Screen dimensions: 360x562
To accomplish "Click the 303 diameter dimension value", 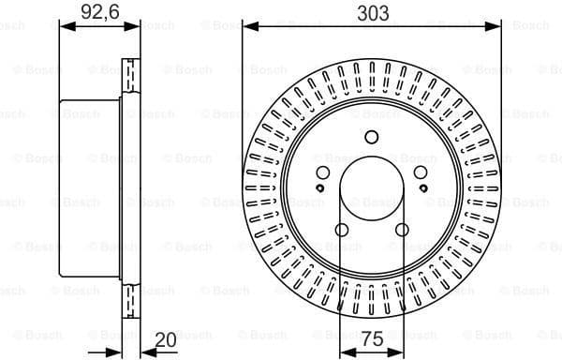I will (372, 13).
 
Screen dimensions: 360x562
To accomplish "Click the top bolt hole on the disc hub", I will (372, 138).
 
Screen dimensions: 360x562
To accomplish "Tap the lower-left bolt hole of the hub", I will (342, 231).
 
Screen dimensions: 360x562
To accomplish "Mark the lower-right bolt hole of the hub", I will (402, 231).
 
